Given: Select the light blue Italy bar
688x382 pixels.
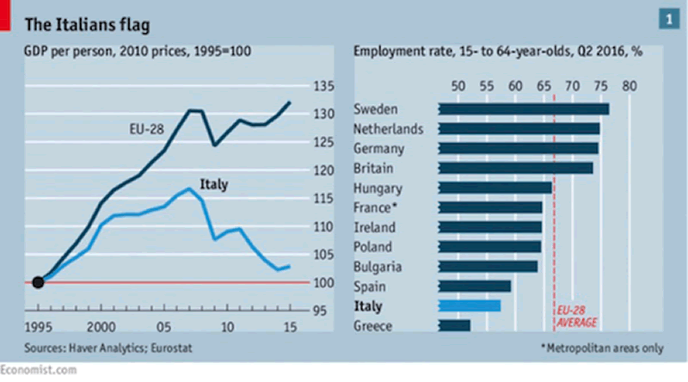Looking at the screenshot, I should pyautogui.click(x=470, y=305).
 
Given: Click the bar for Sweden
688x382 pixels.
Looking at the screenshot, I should pyautogui.click(x=524, y=109).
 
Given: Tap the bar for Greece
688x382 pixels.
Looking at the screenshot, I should pyautogui.click(x=455, y=325).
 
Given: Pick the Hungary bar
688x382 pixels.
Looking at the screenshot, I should pyautogui.click(x=495, y=188).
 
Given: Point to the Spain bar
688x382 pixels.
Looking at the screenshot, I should pyautogui.click(x=475, y=286).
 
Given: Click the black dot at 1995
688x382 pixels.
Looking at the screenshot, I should pyautogui.click(x=38, y=281).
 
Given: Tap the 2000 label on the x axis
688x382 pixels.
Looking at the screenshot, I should pyautogui.click(x=101, y=328).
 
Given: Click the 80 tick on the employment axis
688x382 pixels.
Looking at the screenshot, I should pyautogui.click(x=630, y=85).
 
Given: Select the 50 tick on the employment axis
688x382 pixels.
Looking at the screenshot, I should pyautogui.click(x=458, y=85).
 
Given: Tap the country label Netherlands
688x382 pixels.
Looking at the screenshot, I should pyautogui.click(x=389, y=129).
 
